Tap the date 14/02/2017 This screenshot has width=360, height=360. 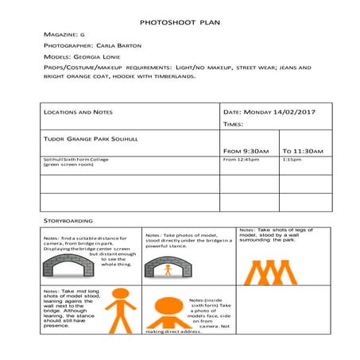point(294,112)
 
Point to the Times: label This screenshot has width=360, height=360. point(233,125)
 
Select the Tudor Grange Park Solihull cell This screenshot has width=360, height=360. point(91,138)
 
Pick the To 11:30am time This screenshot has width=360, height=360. point(303,151)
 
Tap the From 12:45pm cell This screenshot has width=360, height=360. point(242,160)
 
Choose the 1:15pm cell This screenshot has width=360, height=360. point(292,160)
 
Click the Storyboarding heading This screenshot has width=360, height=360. point(68,220)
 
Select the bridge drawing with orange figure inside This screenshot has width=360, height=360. point(167,267)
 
